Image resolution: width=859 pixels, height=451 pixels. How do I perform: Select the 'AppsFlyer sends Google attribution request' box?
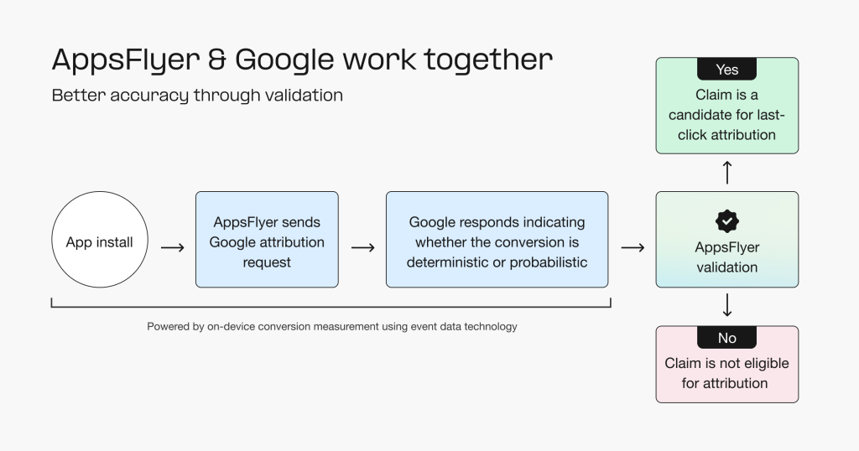pyautogui.click(x=267, y=241)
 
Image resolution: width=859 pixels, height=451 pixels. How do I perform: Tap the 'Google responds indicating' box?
pyautogui.click(x=497, y=241)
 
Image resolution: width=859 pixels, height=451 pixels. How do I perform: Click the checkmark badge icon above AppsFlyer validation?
pyautogui.click(x=726, y=221)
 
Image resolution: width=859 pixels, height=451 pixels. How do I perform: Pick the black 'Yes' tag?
pyautogui.click(x=726, y=70)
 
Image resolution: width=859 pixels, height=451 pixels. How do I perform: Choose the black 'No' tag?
pyautogui.click(x=726, y=338)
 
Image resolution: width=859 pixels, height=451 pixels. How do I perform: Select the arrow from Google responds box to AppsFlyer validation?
pyautogui.click(x=633, y=247)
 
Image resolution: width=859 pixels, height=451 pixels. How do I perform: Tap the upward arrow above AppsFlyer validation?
pyautogui.click(x=726, y=173)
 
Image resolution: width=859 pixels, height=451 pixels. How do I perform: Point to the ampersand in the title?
pyautogui.click(x=215, y=60)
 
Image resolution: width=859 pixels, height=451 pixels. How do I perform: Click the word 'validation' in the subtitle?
pyautogui.click(x=303, y=96)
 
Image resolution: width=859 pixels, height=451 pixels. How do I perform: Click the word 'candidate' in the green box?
pyautogui.click(x=702, y=115)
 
